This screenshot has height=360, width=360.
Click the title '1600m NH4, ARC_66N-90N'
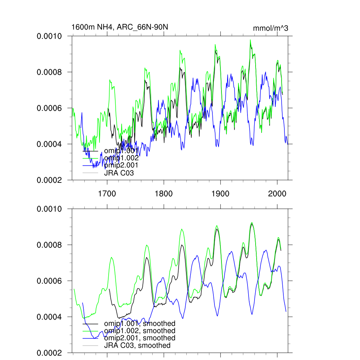(117, 27)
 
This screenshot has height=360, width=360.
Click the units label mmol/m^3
(270, 28)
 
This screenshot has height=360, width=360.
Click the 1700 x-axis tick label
(107, 193)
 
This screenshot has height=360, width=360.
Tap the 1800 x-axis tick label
(163, 193)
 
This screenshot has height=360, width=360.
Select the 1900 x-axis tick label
(220, 193)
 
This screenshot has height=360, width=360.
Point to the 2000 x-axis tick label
(277, 193)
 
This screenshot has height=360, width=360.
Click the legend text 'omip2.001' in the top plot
(121, 165)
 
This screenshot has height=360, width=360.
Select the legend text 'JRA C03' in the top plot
(119, 173)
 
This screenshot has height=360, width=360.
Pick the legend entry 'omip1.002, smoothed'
(140, 331)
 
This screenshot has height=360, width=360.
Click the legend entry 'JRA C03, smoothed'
(137, 346)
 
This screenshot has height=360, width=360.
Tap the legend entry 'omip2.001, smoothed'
(140, 338)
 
